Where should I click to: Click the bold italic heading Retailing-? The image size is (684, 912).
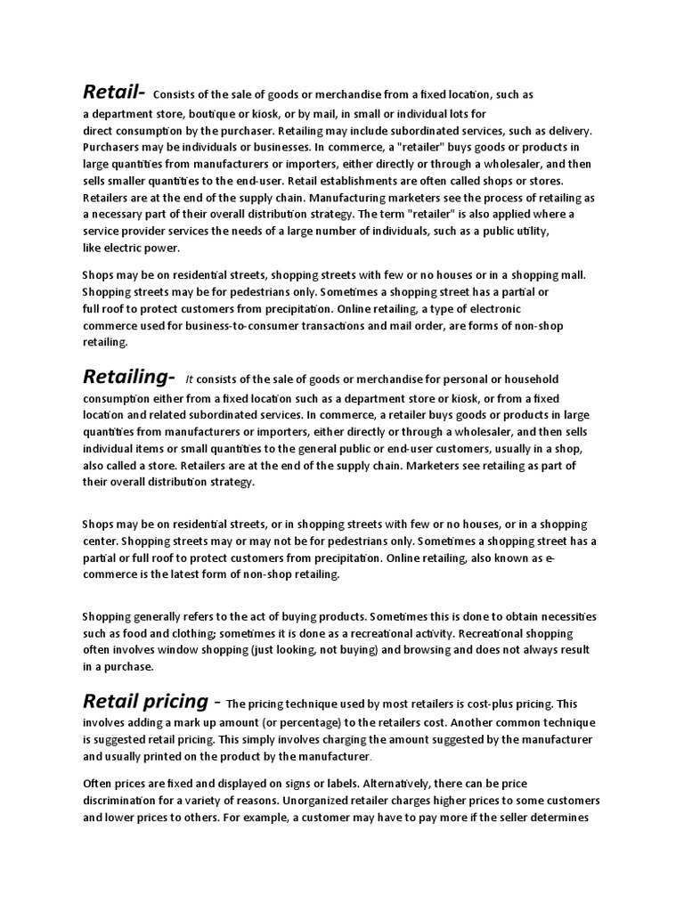128,379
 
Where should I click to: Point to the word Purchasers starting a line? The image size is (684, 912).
113,147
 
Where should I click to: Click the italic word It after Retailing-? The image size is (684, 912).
190,381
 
